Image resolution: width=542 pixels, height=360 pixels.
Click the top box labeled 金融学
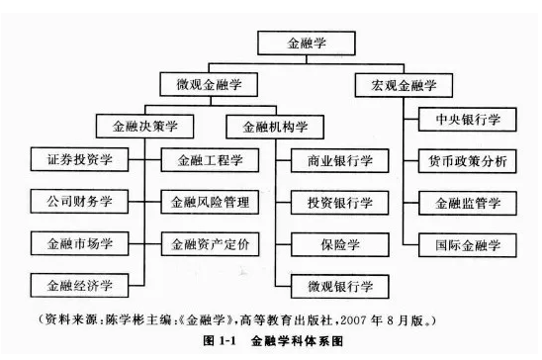305,45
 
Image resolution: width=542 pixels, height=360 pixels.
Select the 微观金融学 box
208,85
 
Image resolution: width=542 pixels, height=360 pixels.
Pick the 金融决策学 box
145,126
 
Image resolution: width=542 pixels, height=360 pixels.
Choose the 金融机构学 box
270,126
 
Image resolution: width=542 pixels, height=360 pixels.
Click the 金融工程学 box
211,159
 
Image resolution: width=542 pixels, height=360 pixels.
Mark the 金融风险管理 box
211,202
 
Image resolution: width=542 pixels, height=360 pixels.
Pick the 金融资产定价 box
211,243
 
